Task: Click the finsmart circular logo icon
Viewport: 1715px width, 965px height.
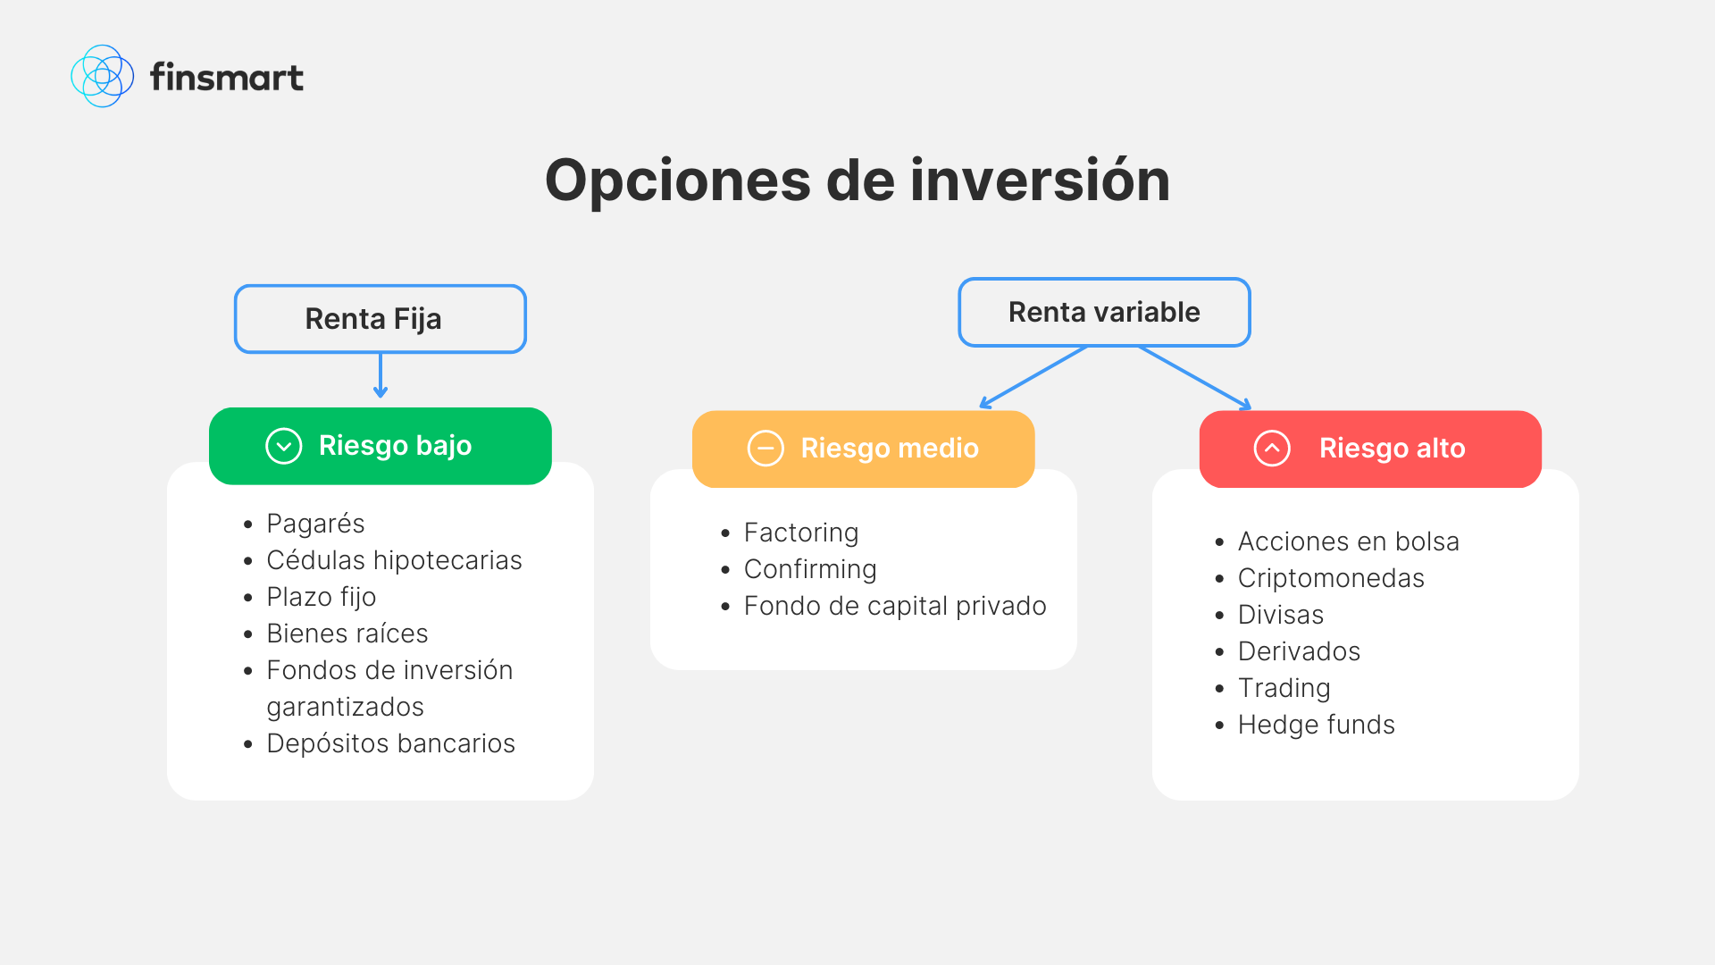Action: [x=102, y=77]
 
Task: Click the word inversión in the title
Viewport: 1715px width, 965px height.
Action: [x=1040, y=180]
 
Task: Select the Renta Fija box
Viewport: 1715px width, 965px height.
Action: [x=380, y=319]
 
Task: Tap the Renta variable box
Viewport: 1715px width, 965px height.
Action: [x=1104, y=312]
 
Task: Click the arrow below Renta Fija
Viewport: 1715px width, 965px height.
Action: [x=381, y=375]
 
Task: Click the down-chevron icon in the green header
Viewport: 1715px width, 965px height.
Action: [x=284, y=446]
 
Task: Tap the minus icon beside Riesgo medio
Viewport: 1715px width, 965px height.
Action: [x=765, y=449]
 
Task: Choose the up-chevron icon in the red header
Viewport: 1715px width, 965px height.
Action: [x=1272, y=449]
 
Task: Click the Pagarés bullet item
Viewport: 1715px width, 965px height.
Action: [x=315, y=524]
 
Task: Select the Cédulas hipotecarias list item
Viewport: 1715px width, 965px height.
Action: [x=394, y=560]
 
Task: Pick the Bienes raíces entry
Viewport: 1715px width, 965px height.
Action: [x=347, y=634]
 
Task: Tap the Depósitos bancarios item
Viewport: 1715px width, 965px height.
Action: [x=390, y=743]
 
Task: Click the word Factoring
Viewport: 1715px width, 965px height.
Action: [x=801, y=533]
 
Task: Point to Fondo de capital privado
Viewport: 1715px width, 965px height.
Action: [x=895, y=606]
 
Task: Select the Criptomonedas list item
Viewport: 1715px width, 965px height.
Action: [x=1331, y=578]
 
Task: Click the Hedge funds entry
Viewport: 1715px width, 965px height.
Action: [x=1316, y=725]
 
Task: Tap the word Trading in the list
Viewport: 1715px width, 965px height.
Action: [x=1284, y=688]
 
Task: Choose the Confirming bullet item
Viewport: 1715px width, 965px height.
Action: [x=810, y=569]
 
